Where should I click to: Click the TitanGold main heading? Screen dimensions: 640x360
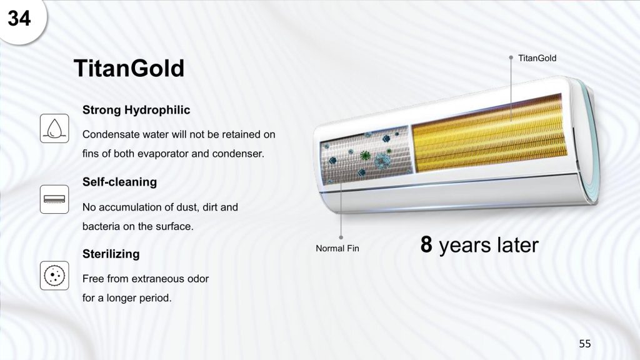click(x=129, y=68)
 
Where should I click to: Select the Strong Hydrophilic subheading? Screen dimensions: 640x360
click(x=136, y=110)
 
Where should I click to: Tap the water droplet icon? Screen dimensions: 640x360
click(x=54, y=129)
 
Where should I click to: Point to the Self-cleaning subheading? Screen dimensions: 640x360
click(x=119, y=182)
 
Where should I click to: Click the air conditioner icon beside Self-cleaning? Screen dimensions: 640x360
click(x=54, y=199)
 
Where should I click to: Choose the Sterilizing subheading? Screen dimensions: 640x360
click(x=111, y=254)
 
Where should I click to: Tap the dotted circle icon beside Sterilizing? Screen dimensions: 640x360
click(x=54, y=276)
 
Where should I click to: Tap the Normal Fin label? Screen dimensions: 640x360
click(x=337, y=248)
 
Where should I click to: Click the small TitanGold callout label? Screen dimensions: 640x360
click(x=537, y=58)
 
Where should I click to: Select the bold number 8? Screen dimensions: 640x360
click(x=426, y=244)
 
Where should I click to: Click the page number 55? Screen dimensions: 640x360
click(x=585, y=344)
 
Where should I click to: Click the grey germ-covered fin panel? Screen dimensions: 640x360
click(x=366, y=155)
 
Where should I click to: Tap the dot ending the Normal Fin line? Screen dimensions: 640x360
click(x=341, y=237)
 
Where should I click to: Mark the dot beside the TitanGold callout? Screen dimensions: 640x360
click(x=511, y=58)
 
